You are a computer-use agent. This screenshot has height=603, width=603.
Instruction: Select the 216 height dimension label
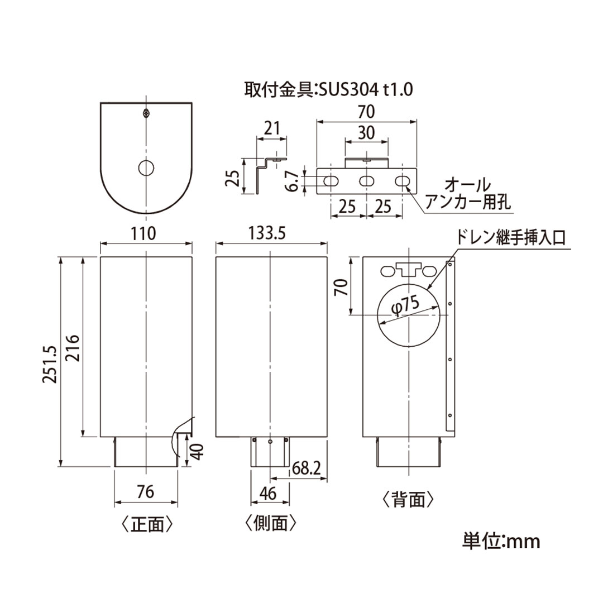tap(74, 347)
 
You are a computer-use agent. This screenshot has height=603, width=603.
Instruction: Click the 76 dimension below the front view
tap(145, 492)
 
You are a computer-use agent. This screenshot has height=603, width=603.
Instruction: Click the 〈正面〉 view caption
tap(145, 524)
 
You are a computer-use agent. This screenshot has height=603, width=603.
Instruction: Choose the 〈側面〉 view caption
tap(270, 523)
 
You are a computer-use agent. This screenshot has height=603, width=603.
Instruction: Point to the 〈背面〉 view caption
tap(408, 499)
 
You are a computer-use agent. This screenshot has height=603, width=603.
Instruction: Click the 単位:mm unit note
tap(501, 540)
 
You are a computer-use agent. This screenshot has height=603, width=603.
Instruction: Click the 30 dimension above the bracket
tap(366, 133)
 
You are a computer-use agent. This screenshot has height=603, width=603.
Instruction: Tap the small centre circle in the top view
tap(146, 167)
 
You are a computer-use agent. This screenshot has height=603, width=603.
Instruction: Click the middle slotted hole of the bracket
tap(366, 181)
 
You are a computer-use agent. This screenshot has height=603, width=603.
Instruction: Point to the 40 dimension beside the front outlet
tap(197, 450)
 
